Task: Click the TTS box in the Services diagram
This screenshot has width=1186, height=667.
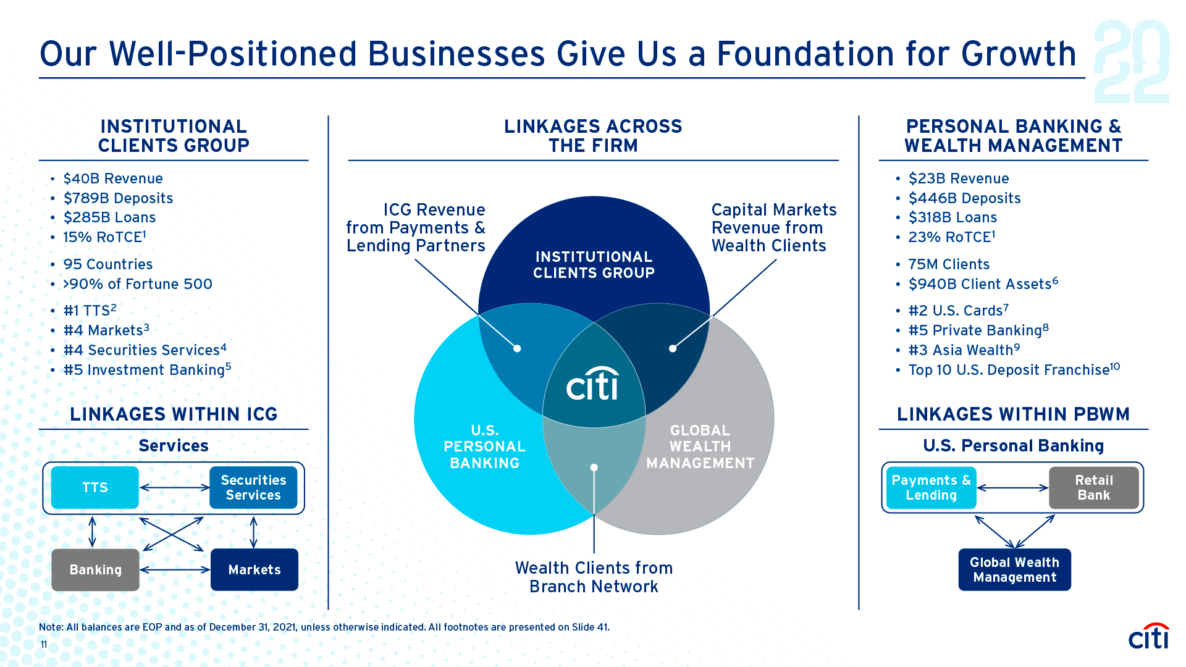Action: [95, 488]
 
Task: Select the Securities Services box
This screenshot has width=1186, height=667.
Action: [253, 488]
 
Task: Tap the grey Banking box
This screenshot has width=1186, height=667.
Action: [95, 569]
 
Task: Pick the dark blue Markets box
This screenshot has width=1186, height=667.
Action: [254, 569]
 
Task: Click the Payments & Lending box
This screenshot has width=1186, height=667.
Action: [931, 488]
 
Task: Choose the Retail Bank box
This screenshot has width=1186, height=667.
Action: [1093, 488]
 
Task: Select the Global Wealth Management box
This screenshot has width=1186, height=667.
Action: [1014, 569]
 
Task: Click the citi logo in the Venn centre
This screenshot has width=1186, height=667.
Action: [593, 385]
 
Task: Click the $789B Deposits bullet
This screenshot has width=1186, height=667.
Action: [118, 198]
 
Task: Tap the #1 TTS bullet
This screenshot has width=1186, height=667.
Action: [90, 311]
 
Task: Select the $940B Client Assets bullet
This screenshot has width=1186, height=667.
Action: [983, 284]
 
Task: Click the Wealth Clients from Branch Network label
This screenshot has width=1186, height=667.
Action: [594, 577]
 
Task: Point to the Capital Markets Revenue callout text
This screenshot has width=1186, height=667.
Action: [773, 228]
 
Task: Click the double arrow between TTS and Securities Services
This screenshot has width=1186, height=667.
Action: [175, 488]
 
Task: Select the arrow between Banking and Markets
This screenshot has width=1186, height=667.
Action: [175, 569]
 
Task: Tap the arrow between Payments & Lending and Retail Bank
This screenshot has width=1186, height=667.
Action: [1012, 488]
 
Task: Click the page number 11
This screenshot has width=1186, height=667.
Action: [44, 645]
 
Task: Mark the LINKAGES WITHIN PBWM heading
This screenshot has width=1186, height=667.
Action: [1013, 414]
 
